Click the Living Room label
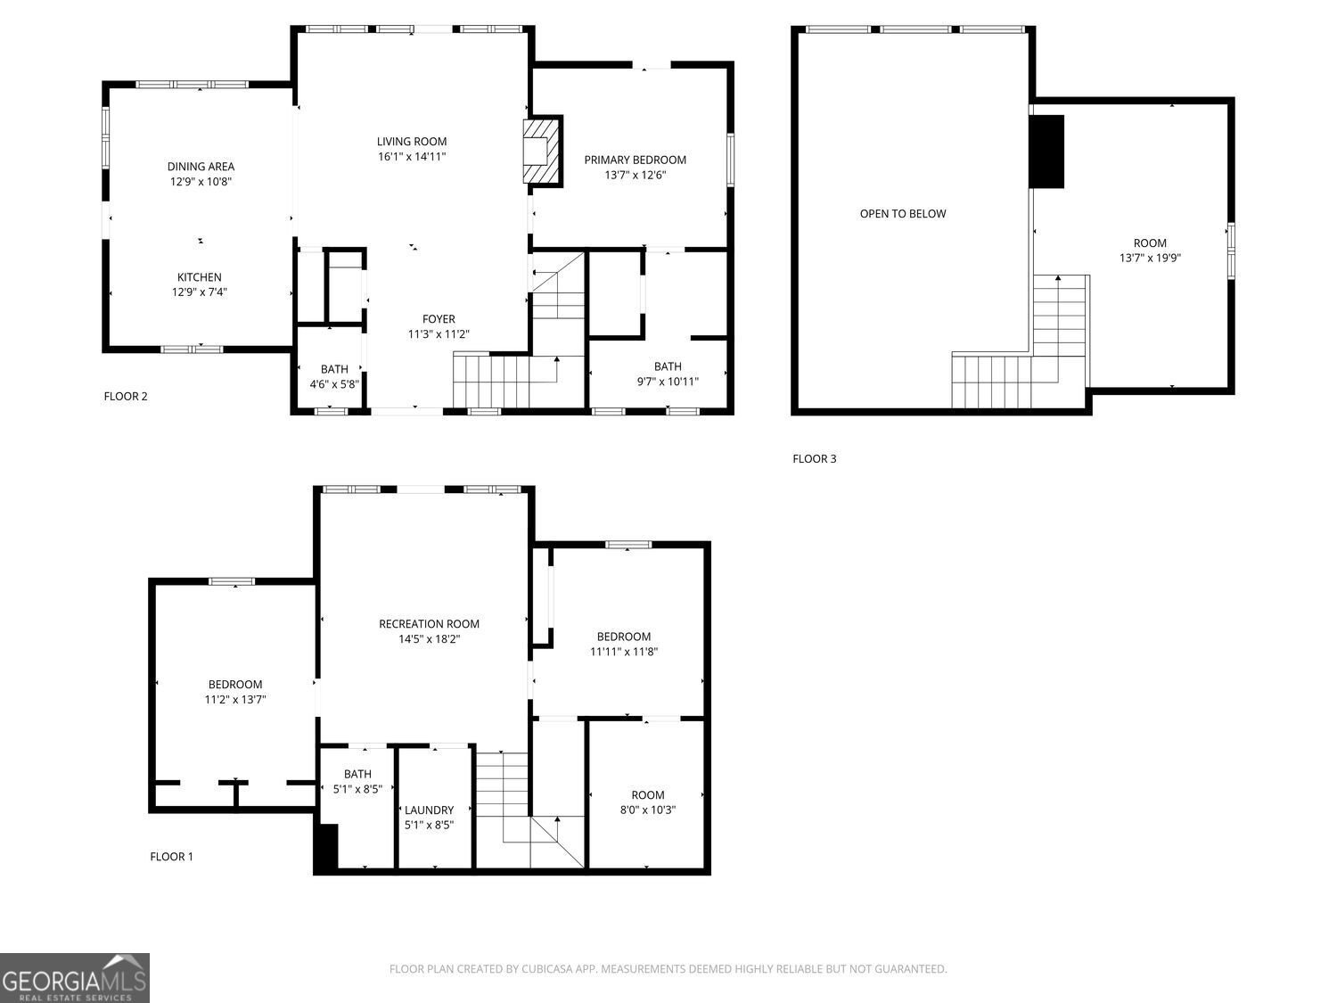[x=411, y=142]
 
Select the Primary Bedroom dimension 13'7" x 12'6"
[x=635, y=176]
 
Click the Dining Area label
[x=201, y=167]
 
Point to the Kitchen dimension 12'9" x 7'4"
[x=200, y=292]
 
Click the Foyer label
[x=439, y=319]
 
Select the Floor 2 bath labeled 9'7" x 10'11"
[x=667, y=374]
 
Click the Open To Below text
[x=902, y=214]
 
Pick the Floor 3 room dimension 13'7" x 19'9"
[x=1150, y=259]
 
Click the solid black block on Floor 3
[x=1046, y=152]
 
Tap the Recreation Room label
[x=429, y=624]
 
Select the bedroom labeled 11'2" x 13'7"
[x=234, y=692]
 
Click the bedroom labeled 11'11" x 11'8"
[x=623, y=644]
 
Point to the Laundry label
[x=429, y=810]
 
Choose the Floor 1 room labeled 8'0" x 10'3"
[x=647, y=802]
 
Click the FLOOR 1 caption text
[x=171, y=857]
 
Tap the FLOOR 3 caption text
[x=814, y=459]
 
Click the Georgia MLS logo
[x=74, y=977]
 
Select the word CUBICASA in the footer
[x=544, y=969]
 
